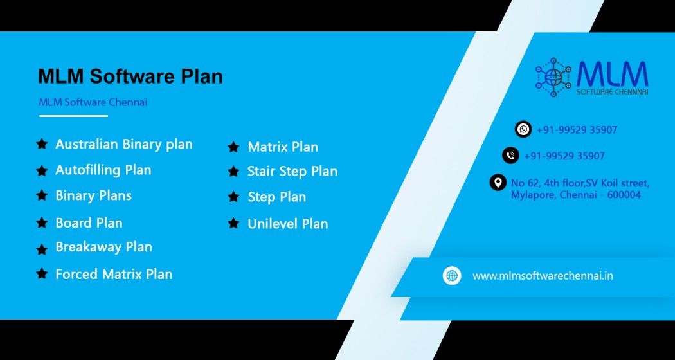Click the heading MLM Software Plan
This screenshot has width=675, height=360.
tap(130, 76)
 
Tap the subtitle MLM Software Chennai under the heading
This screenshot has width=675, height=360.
tap(93, 102)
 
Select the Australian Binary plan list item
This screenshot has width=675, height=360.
tap(124, 144)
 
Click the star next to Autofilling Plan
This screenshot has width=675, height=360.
tap(42, 170)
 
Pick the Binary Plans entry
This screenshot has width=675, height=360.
tap(93, 195)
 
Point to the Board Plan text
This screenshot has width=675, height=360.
tap(89, 222)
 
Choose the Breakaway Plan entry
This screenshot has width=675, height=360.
tap(104, 247)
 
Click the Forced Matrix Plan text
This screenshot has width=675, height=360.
tap(114, 274)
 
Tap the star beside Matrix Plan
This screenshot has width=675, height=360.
tap(233, 147)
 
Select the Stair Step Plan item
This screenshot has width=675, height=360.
tap(292, 172)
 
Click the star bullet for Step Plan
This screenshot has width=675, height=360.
tap(233, 197)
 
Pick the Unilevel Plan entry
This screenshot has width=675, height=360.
tap(287, 224)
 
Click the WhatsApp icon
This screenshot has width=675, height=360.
tap(523, 129)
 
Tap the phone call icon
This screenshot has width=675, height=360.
tap(510, 156)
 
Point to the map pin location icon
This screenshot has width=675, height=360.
tap(498, 183)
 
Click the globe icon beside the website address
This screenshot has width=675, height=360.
tap(452, 276)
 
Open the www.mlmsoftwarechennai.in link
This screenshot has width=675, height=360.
tap(543, 276)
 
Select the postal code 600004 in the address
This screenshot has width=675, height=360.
tap(624, 195)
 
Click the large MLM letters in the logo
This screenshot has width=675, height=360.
tap(612, 74)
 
